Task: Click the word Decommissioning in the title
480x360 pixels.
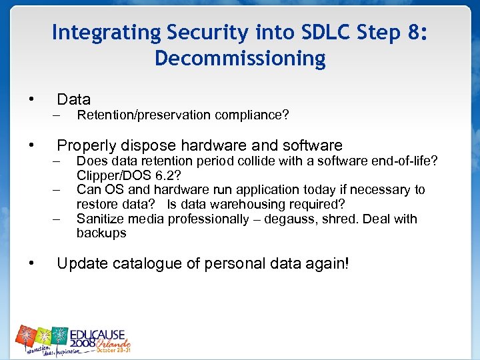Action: [x=240, y=59]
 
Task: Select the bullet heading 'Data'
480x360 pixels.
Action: [x=73, y=100]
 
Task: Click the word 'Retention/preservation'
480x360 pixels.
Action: [x=144, y=115]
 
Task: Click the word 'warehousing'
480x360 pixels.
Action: [x=253, y=204]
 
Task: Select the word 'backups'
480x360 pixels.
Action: [x=101, y=233]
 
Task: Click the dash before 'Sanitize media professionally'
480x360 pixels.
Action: [x=58, y=219]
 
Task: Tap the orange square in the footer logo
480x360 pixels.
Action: [x=26, y=336]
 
